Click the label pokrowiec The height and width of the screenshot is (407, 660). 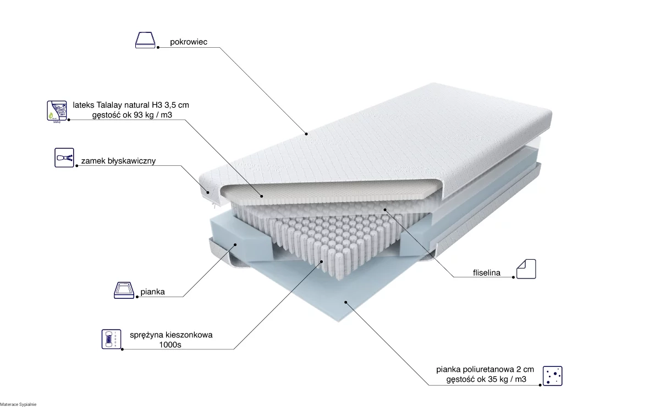[x=189, y=42]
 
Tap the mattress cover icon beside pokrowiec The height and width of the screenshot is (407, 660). [x=145, y=40]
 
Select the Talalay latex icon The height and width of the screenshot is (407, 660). [x=57, y=111]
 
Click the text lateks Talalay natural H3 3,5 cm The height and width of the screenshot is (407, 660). [x=131, y=105]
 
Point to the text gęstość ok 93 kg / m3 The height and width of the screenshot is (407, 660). [x=132, y=115]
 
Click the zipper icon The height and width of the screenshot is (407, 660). [x=64, y=158]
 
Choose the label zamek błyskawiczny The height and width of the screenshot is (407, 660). [x=118, y=161]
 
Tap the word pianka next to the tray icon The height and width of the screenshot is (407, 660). [x=153, y=292]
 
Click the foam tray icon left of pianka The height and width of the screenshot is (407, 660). [x=124, y=290]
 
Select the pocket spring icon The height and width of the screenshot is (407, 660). [x=111, y=339]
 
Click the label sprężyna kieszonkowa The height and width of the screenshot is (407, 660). [x=171, y=335]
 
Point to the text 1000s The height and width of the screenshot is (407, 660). [x=170, y=344]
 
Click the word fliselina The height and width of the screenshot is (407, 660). [x=487, y=273]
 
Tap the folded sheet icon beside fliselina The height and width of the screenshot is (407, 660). [x=526, y=269]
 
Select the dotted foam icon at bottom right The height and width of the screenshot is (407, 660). [x=552, y=376]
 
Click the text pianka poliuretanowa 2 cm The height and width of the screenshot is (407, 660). [x=485, y=369]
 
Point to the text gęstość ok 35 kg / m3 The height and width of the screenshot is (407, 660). [x=486, y=379]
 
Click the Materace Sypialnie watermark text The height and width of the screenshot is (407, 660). [x=18, y=405]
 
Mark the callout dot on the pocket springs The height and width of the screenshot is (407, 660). [x=322, y=261]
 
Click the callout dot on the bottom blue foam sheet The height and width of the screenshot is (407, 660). [x=345, y=302]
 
